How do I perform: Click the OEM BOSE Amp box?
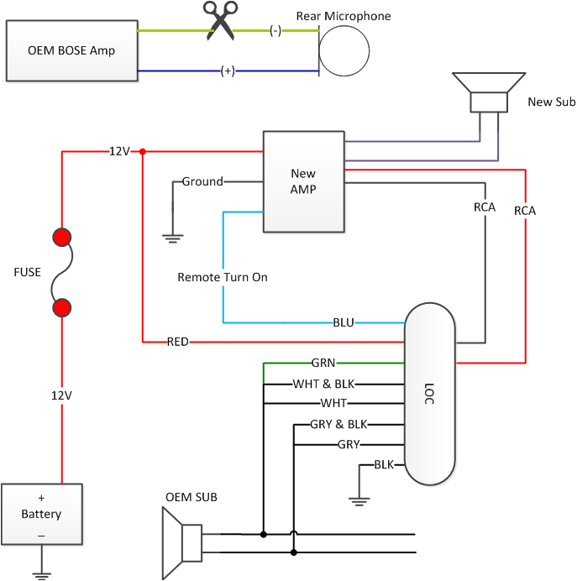pyautogui.click(x=71, y=51)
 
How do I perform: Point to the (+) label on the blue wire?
pyautogui.click(x=227, y=71)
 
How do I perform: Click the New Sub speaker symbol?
pyautogui.click(x=486, y=92)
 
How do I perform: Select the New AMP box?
pyautogui.click(x=303, y=182)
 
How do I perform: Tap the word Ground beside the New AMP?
pyautogui.click(x=202, y=181)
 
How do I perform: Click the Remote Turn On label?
pyautogui.click(x=223, y=277)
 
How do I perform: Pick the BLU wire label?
pyautogui.click(x=344, y=322)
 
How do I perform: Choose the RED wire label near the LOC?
pyautogui.click(x=177, y=342)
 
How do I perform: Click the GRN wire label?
pyautogui.click(x=323, y=364)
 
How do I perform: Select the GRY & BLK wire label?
pyautogui.click(x=340, y=424)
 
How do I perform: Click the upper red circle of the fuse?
pyautogui.click(x=61, y=238)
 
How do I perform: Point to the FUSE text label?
pyautogui.click(x=27, y=272)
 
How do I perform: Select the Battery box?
pyautogui.click(x=42, y=514)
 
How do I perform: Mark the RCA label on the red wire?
pyautogui.click(x=525, y=211)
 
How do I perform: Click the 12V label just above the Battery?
pyautogui.click(x=61, y=395)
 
